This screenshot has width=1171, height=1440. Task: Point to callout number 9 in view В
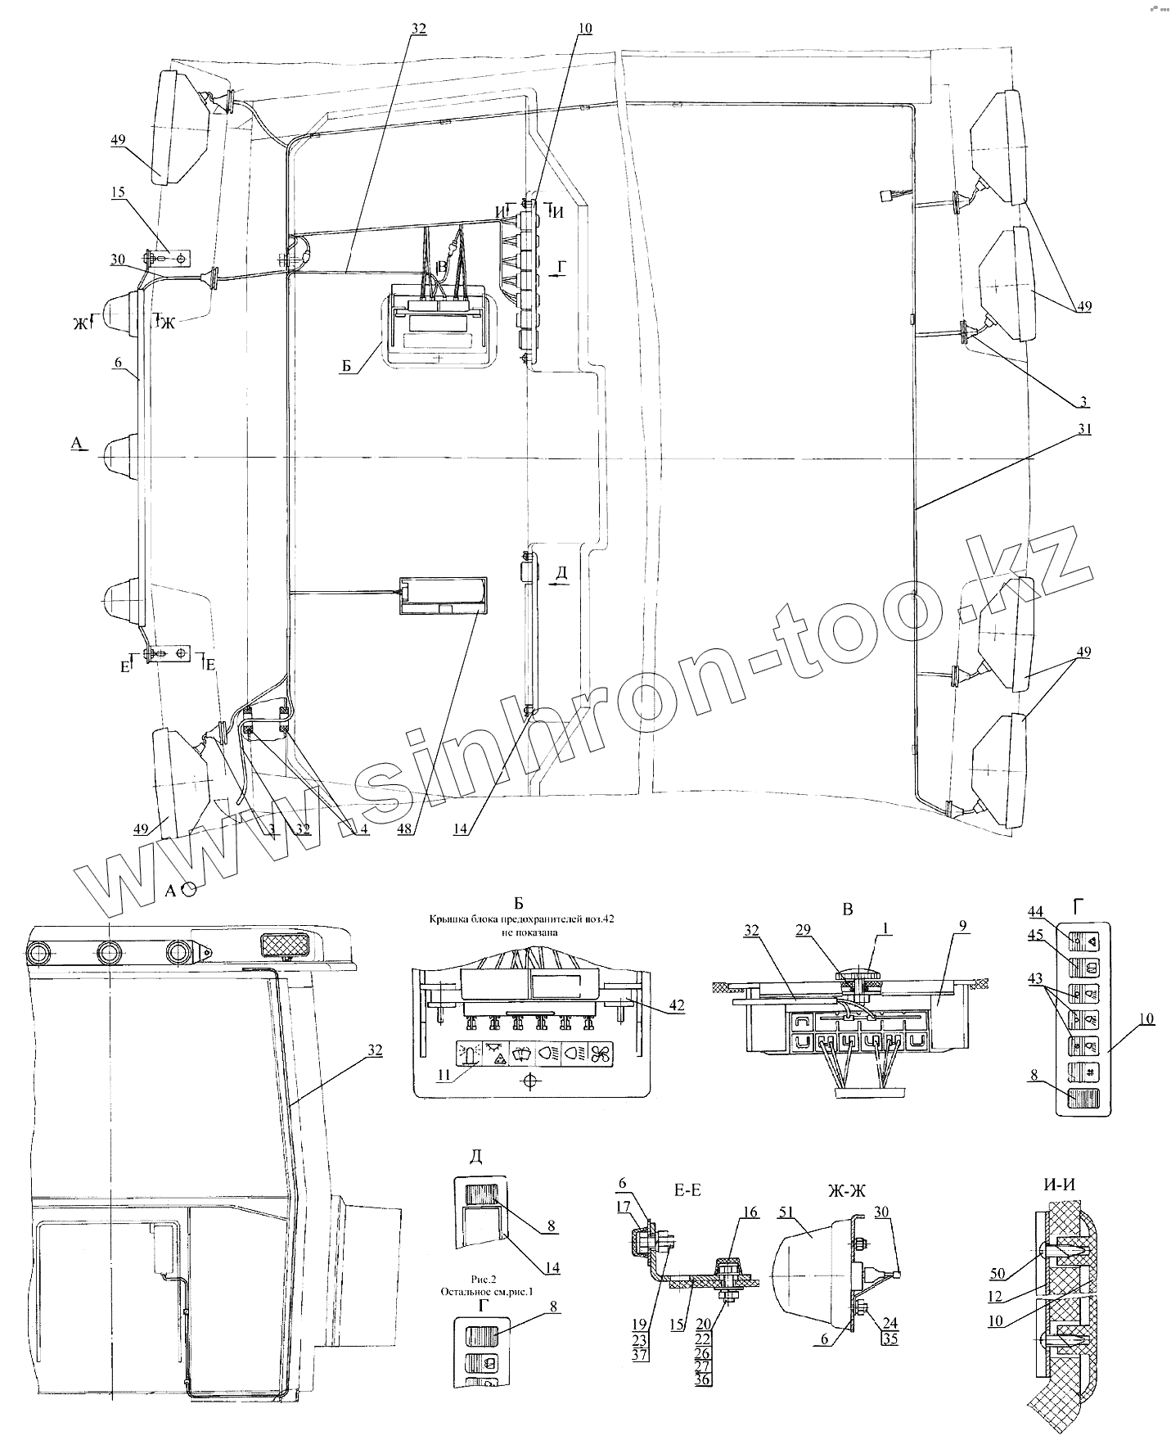(x=963, y=926)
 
